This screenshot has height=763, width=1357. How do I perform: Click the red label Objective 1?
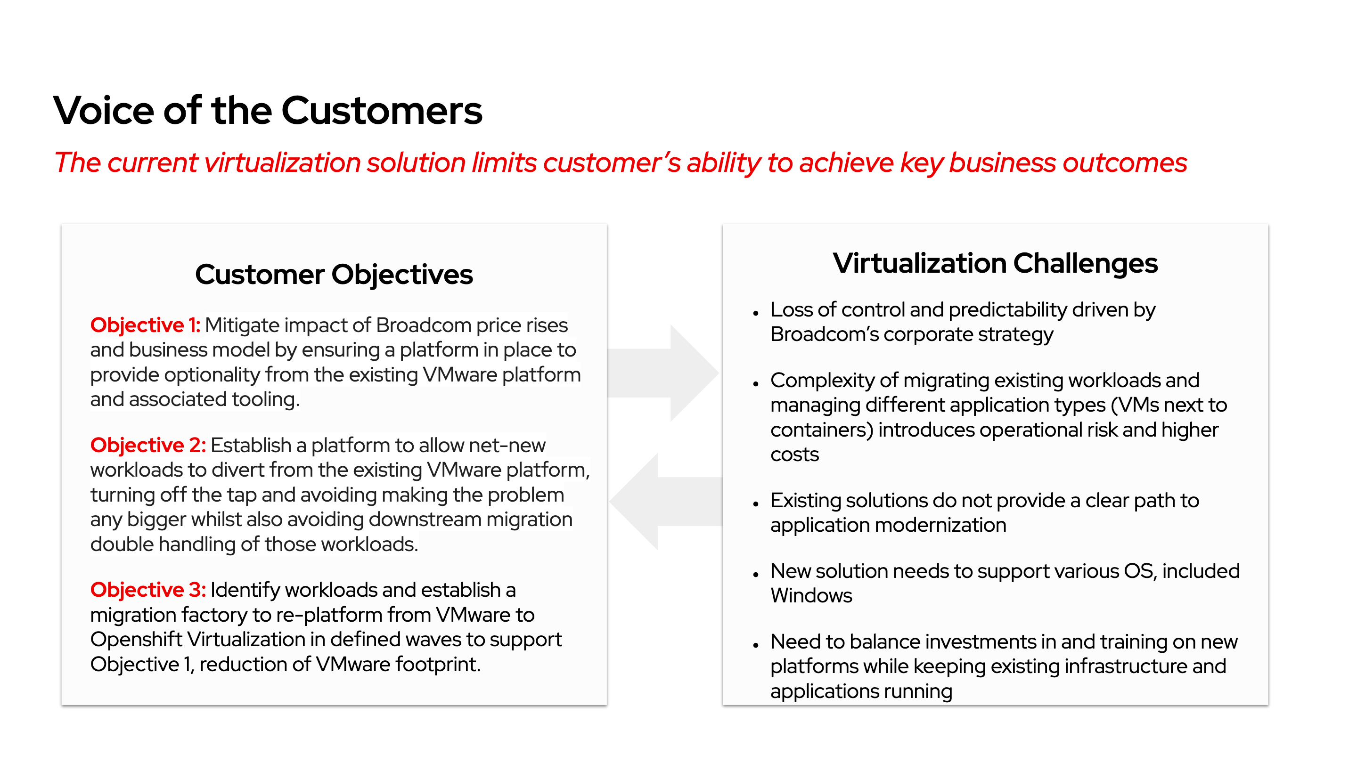click(x=145, y=325)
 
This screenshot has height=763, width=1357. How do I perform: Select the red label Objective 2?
click(x=147, y=445)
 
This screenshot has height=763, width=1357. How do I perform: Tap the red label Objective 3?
click(x=147, y=590)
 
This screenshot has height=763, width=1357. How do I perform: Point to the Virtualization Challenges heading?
click(x=995, y=263)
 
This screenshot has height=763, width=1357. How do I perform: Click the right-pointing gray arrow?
click(x=669, y=373)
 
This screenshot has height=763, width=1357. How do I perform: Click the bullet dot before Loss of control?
click(x=755, y=313)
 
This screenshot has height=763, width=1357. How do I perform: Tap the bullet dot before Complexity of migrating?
click(x=755, y=383)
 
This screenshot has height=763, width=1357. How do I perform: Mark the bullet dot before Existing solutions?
click(x=755, y=503)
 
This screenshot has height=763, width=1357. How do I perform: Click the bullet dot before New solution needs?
click(x=755, y=574)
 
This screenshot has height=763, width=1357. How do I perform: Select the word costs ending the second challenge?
click(x=794, y=455)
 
